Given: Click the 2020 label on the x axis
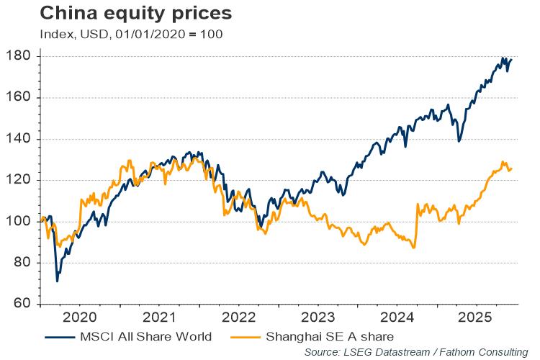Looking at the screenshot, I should click(x=80, y=317).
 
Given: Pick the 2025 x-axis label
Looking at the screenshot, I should click(x=476, y=317).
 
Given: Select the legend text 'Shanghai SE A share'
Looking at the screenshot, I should click(x=330, y=336).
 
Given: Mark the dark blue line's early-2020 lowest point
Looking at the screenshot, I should click(x=57, y=281).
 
